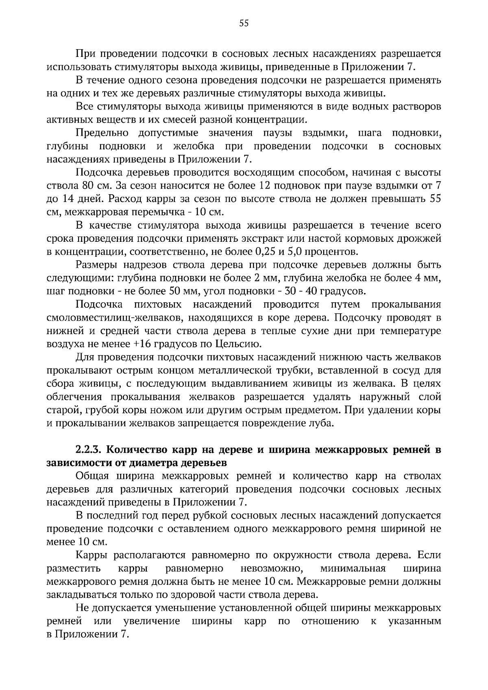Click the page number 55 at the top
pyautogui.click(x=244, y=23)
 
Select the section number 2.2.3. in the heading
pyautogui.click(x=90, y=450)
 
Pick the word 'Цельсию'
pyautogui.click(x=240, y=344)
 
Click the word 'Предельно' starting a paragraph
pyautogui.click(x=102, y=133)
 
